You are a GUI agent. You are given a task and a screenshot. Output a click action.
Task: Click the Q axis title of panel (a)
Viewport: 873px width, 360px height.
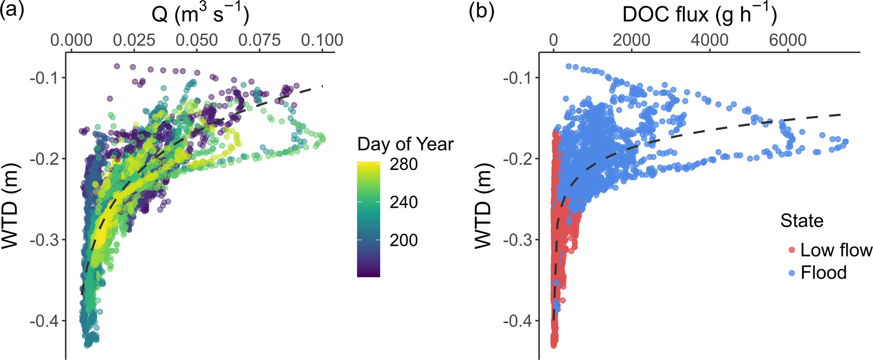point(200,15)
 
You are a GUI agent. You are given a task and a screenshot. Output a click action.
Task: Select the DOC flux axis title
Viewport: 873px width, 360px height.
point(699,15)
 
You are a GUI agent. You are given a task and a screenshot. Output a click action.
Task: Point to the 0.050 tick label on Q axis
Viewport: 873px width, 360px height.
point(197,41)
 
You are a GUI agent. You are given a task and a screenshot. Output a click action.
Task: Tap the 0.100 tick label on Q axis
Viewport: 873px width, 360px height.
point(322,41)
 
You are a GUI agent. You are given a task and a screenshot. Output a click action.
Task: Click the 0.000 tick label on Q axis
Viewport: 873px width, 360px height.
point(71,41)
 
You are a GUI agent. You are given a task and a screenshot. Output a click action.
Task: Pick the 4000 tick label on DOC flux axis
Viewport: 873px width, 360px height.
point(709,41)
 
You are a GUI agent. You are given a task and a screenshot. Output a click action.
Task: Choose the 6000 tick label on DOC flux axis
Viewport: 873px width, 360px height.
point(787,41)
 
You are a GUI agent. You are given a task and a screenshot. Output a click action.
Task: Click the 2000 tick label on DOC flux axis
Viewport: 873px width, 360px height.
point(631,41)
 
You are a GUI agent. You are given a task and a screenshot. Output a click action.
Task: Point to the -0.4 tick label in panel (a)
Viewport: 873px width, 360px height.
point(45,321)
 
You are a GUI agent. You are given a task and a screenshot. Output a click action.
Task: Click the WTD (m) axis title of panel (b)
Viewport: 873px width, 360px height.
point(483,219)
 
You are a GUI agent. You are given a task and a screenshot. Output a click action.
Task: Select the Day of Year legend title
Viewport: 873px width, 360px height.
point(405,144)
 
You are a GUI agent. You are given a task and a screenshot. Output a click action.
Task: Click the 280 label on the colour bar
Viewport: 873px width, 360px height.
point(404,164)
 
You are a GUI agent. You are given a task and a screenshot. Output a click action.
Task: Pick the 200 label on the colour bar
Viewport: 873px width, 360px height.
point(404,240)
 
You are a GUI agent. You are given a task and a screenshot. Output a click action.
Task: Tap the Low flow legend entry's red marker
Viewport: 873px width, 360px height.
point(792,250)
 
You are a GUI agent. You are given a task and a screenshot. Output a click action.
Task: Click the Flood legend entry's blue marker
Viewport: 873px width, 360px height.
point(792,273)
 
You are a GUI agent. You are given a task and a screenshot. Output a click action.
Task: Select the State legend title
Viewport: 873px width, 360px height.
point(802,221)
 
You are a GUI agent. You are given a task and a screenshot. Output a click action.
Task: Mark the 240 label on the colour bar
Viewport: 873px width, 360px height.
point(404,202)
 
